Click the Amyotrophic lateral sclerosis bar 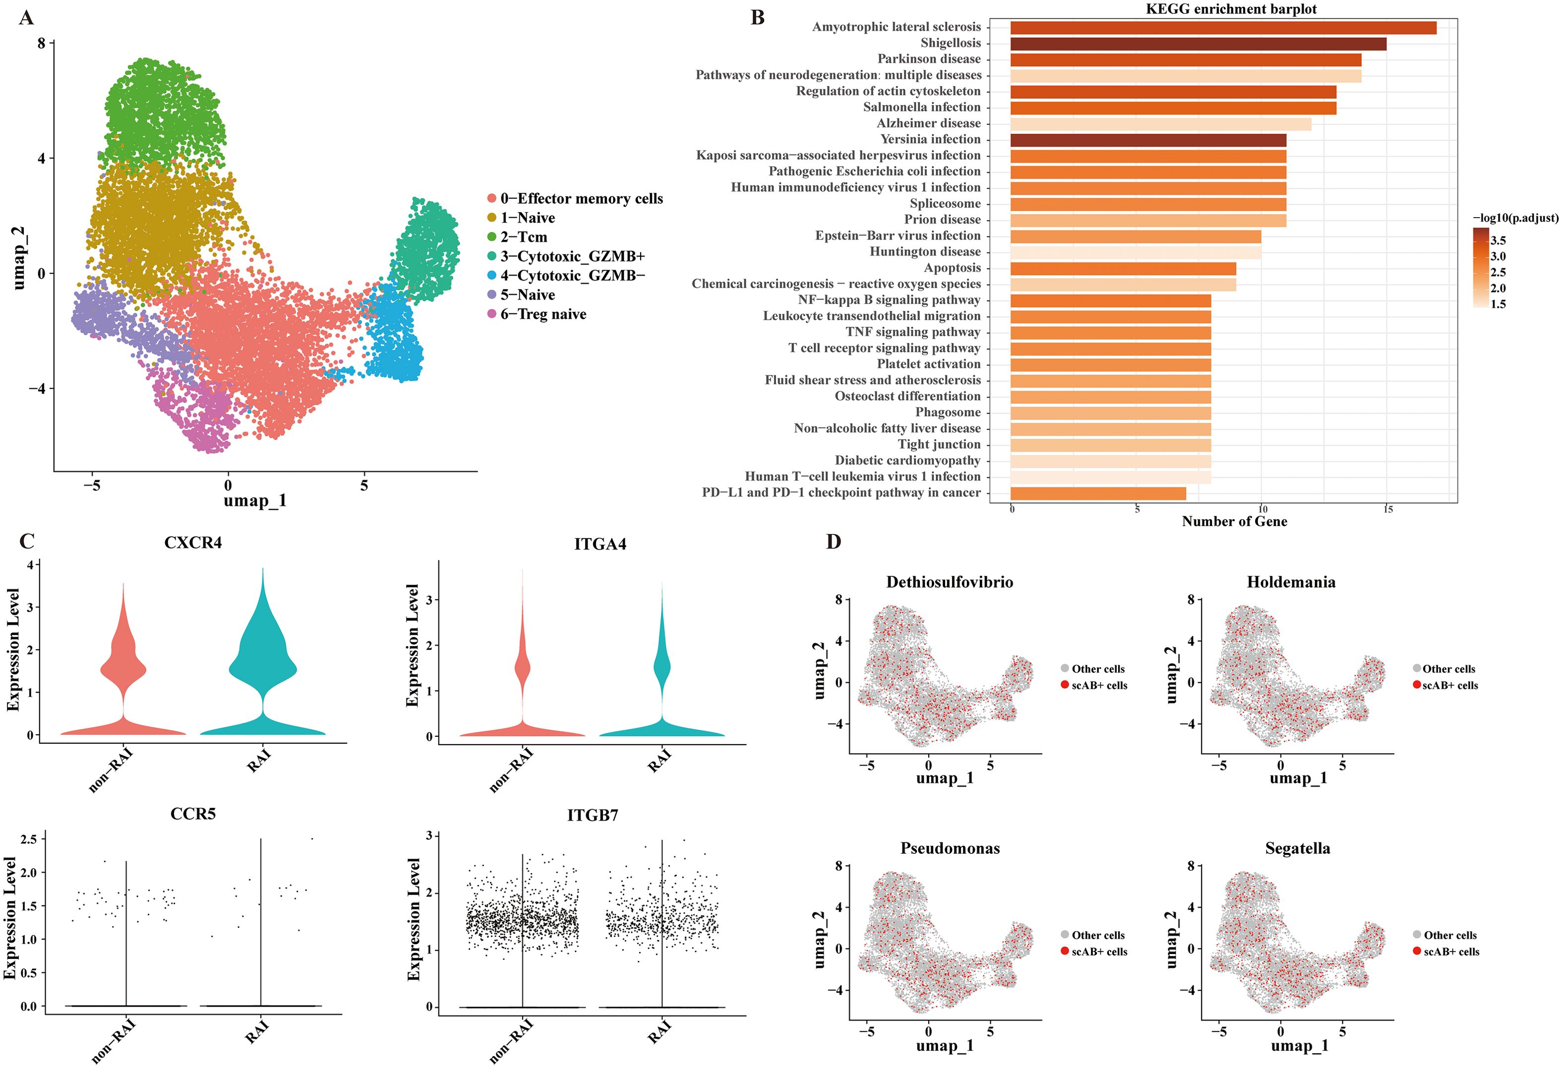(x=1223, y=28)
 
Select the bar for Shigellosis (x=1198, y=44)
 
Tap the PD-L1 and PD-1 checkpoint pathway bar (x=1097, y=493)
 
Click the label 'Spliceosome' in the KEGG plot (x=945, y=204)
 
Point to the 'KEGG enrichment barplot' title (x=1231, y=9)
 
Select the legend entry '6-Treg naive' (x=542, y=314)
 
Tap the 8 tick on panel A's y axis (x=42, y=43)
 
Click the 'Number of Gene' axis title (x=1234, y=522)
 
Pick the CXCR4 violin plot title (x=193, y=543)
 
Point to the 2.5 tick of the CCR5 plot (x=29, y=839)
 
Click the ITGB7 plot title (x=592, y=815)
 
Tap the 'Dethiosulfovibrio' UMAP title (x=949, y=582)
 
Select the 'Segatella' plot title (x=1297, y=848)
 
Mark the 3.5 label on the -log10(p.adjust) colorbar (x=1498, y=240)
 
